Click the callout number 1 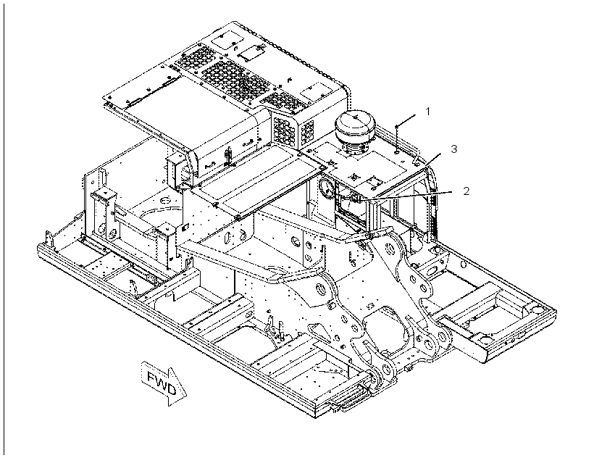pos(427,112)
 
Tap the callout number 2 pos(466,191)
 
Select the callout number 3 pos(454,149)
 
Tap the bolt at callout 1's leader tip pos(397,126)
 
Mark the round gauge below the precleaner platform pos(327,188)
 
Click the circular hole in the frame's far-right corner pos(537,309)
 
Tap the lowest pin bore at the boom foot pos(387,369)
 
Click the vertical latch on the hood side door pos(228,156)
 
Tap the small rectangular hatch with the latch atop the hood pos(251,51)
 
